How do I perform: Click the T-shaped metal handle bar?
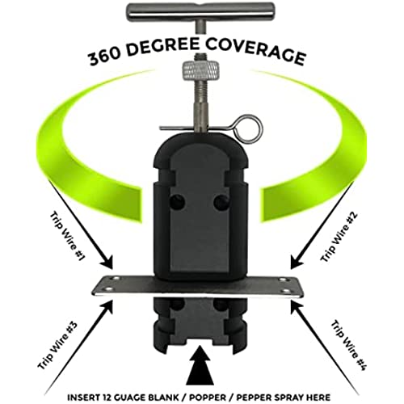[x=200, y=10]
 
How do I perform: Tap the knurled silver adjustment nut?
[x=200, y=70]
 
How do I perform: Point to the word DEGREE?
[x=162, y=47]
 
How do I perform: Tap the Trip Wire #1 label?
[x=68, y=236]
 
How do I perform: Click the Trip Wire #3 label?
[x=57, y=345]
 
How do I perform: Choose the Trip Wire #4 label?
[x=348, y=346]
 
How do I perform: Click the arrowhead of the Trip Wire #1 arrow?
[x=108, y=263]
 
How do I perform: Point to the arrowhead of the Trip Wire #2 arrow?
[x=296, y=263]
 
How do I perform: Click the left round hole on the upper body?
[x=178, y=201]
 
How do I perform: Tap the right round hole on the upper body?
[x=221, y=201]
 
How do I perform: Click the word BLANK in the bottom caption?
[x=162, y=398]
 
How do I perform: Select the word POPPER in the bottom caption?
[x=206, y=398]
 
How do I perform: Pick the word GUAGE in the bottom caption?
[x=126, y=398]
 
